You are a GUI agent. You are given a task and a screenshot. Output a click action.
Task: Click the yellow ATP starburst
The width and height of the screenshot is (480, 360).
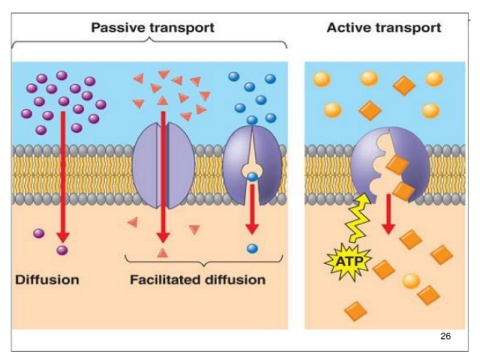pos(348,262)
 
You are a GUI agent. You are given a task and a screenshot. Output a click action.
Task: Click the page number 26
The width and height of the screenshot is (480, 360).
pos(445,336)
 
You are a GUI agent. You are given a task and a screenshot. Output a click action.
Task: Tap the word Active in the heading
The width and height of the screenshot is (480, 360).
pos(349,27)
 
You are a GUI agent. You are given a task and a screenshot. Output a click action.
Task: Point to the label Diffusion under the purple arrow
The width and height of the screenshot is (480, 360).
pos(47,280)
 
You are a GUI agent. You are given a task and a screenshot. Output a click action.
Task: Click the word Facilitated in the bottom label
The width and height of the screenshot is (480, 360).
pos(165,280)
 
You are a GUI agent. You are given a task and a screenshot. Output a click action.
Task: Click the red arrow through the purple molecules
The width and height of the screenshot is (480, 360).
pos(63,177)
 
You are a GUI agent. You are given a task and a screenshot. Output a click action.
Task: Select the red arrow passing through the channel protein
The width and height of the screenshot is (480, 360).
pos(163,177)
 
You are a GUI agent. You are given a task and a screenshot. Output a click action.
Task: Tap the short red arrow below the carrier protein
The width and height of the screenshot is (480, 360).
pos(252,209)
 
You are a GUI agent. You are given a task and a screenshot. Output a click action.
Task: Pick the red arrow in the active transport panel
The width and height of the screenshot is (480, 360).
pos(388,214)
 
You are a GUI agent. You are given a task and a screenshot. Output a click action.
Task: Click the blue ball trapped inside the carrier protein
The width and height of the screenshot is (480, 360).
pos(252,177)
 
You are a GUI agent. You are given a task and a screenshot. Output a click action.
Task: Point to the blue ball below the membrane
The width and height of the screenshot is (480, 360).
pos(252,249)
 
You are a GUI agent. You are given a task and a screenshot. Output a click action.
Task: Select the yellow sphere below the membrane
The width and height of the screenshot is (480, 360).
pos(411,281)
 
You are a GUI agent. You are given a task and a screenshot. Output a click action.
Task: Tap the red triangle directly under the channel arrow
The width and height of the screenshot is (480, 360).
pos(162,253)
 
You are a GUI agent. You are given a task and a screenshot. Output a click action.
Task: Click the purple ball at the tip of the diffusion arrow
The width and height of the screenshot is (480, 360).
pos(62,250)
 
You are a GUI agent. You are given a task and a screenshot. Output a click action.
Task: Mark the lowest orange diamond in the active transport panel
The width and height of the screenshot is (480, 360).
pos(356,311)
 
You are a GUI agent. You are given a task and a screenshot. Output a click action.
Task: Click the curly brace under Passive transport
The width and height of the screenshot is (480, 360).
pos(149,42)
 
